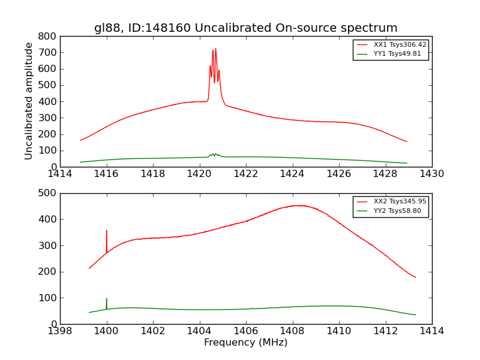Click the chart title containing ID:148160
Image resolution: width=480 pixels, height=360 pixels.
245,28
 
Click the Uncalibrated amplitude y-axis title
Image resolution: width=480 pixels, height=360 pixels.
29,101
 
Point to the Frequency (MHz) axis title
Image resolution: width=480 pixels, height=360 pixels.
245,343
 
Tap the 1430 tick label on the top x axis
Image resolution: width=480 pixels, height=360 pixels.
431,174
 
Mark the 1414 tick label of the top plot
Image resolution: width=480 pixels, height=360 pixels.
60,174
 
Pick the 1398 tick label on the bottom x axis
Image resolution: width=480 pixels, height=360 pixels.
60,331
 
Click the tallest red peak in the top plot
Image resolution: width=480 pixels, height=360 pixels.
215,49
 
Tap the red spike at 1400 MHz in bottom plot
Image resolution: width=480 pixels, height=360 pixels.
107,231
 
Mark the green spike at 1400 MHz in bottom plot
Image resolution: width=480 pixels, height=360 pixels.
107,299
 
